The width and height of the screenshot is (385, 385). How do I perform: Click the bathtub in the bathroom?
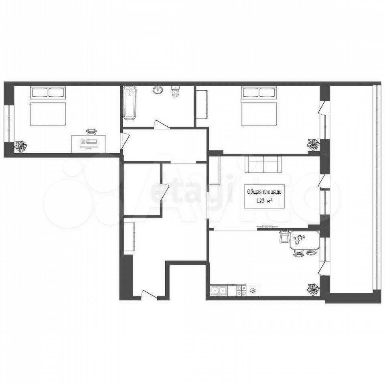click(130, 103)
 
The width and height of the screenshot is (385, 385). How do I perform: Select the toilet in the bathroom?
click(175, 91)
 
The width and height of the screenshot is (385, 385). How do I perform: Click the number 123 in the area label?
click(261, 201)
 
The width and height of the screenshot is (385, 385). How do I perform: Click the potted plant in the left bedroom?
click(20, 147)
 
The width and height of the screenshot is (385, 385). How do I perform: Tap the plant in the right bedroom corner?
click(313, 145)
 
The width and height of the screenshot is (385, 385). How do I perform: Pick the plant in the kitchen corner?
click(313, 290)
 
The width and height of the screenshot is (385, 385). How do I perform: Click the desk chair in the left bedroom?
click(91, 132)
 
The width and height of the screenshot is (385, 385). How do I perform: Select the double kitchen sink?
click(219, 290)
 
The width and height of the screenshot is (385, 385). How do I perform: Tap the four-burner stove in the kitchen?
click(241, 290)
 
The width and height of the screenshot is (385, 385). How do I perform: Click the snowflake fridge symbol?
click(252, 291)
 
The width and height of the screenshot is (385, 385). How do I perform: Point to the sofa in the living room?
click(263, 164)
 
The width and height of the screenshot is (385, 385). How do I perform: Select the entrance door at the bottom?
click(149, 294)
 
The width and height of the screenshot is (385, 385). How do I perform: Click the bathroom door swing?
click(161, 124)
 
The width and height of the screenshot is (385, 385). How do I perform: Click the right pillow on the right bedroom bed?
click(267, 93)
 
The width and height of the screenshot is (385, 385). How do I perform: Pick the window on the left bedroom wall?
click(9, 124)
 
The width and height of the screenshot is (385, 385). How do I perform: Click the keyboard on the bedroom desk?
click(93, 142)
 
